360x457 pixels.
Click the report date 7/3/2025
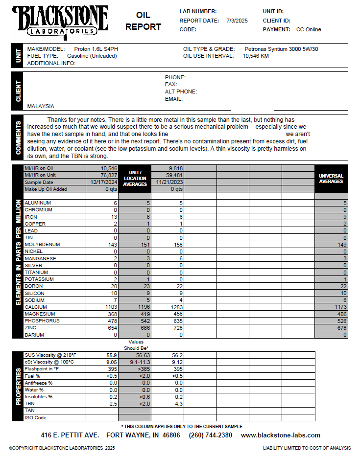click(x=238, y=21)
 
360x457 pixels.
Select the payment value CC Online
click(x=309, y=29)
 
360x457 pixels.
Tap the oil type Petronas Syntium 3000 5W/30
click(x=281, y=49)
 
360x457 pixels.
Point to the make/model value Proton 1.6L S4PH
click(x=96, y=49)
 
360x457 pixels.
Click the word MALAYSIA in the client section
click(x=41, y=106)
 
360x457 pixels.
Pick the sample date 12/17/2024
click(x=102, y=182)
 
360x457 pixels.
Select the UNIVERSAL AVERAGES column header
click(x=331, y=179)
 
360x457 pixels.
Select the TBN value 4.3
click(x=178, y=404)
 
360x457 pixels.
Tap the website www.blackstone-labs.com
click(x=281, y=435)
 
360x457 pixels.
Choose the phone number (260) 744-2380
click(x=210, y=435)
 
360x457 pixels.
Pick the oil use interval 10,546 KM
click(x=256, y=56)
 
